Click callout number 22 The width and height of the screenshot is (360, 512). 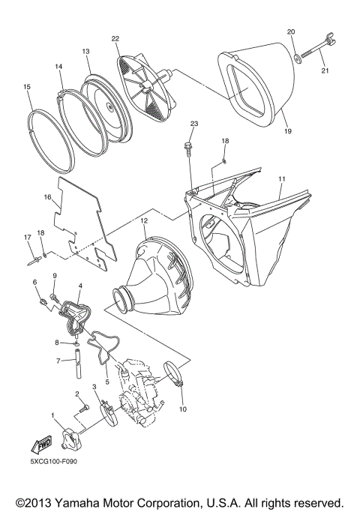coord(115,38)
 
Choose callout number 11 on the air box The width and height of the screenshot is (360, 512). coord(282,180)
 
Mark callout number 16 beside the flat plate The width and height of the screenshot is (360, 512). coord(47,198)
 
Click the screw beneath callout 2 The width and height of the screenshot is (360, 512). coord(83,409)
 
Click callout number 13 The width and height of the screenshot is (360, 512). coord(85,51)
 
